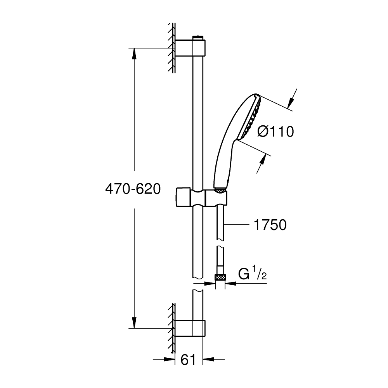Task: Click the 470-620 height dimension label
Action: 133,189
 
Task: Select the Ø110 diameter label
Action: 275,132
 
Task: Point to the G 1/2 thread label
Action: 253,275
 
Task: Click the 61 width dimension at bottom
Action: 188,360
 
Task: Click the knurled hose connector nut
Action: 220,277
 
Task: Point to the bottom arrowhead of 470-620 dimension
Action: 134,324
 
